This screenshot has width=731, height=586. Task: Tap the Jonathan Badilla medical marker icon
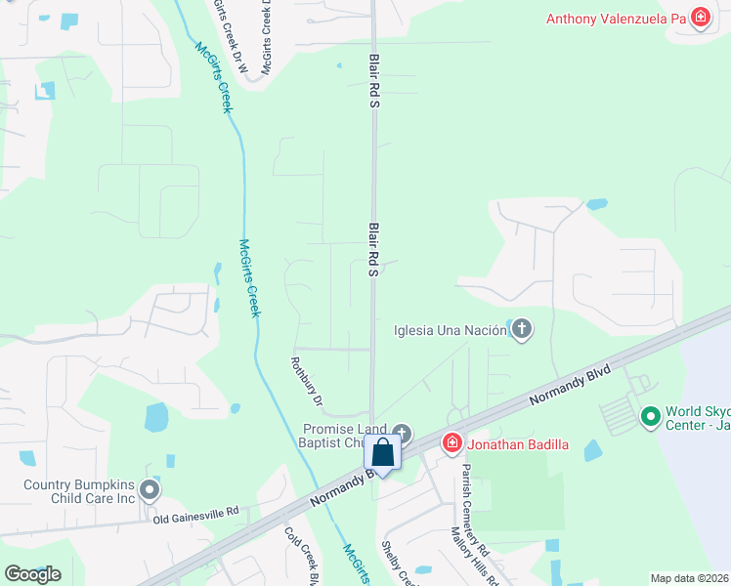coord(451,444)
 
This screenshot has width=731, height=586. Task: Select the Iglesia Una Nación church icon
coord(522,329)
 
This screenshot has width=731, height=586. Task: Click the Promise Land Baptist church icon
coord(402,433)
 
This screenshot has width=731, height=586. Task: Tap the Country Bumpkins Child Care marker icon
coord(149,488)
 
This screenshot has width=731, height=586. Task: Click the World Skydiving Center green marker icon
coord(651,417)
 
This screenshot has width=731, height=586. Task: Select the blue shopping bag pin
coord(382,453)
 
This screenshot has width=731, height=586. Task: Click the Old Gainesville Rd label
coord(195,515)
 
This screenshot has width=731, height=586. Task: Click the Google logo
coord(32,573)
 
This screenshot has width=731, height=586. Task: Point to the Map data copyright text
coord(690,578)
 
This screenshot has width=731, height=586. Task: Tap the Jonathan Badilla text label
coord(517,445)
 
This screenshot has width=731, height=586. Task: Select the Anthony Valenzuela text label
coord(616,19)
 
